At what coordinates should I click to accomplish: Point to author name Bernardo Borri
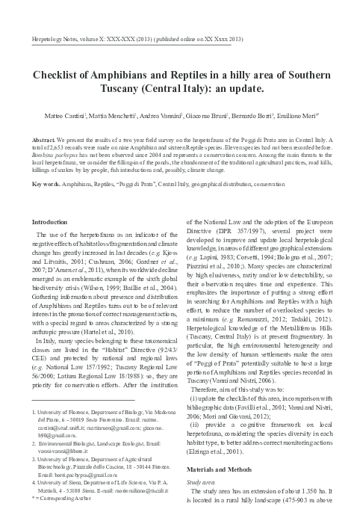pos(263,117)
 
